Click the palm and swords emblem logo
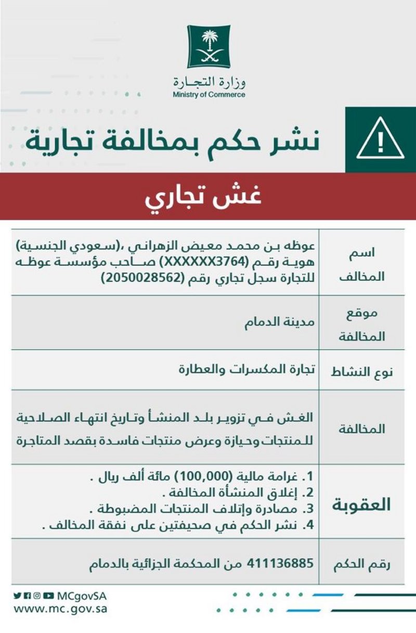point(209,46)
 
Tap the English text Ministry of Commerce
point(209,95)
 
